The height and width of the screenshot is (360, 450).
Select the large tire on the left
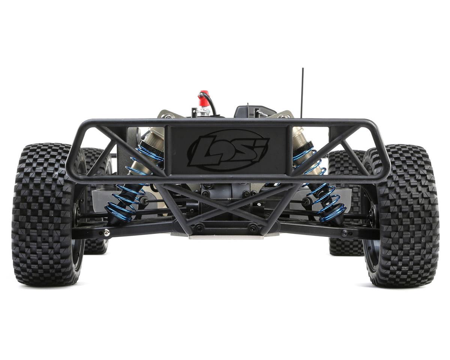47,214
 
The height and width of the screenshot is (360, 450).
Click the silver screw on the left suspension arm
106,234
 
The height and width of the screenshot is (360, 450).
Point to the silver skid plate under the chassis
225,236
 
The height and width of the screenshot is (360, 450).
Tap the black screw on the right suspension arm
345,233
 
